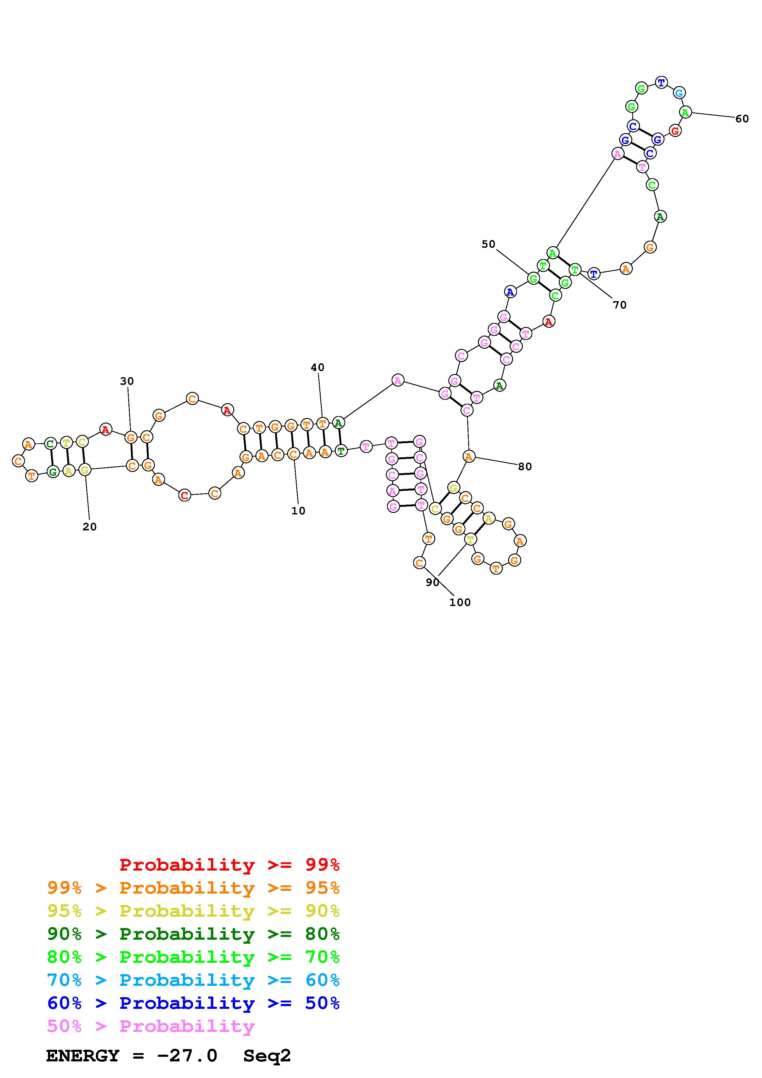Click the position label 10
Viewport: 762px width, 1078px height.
[x=298, y=511]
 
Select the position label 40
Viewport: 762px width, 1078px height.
[x=318, y=367]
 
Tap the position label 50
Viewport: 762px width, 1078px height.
[x=488, y=244]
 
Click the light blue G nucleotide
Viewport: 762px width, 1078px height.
[x=679, y=93]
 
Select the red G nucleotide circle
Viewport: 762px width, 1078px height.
[x=675, y=131]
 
